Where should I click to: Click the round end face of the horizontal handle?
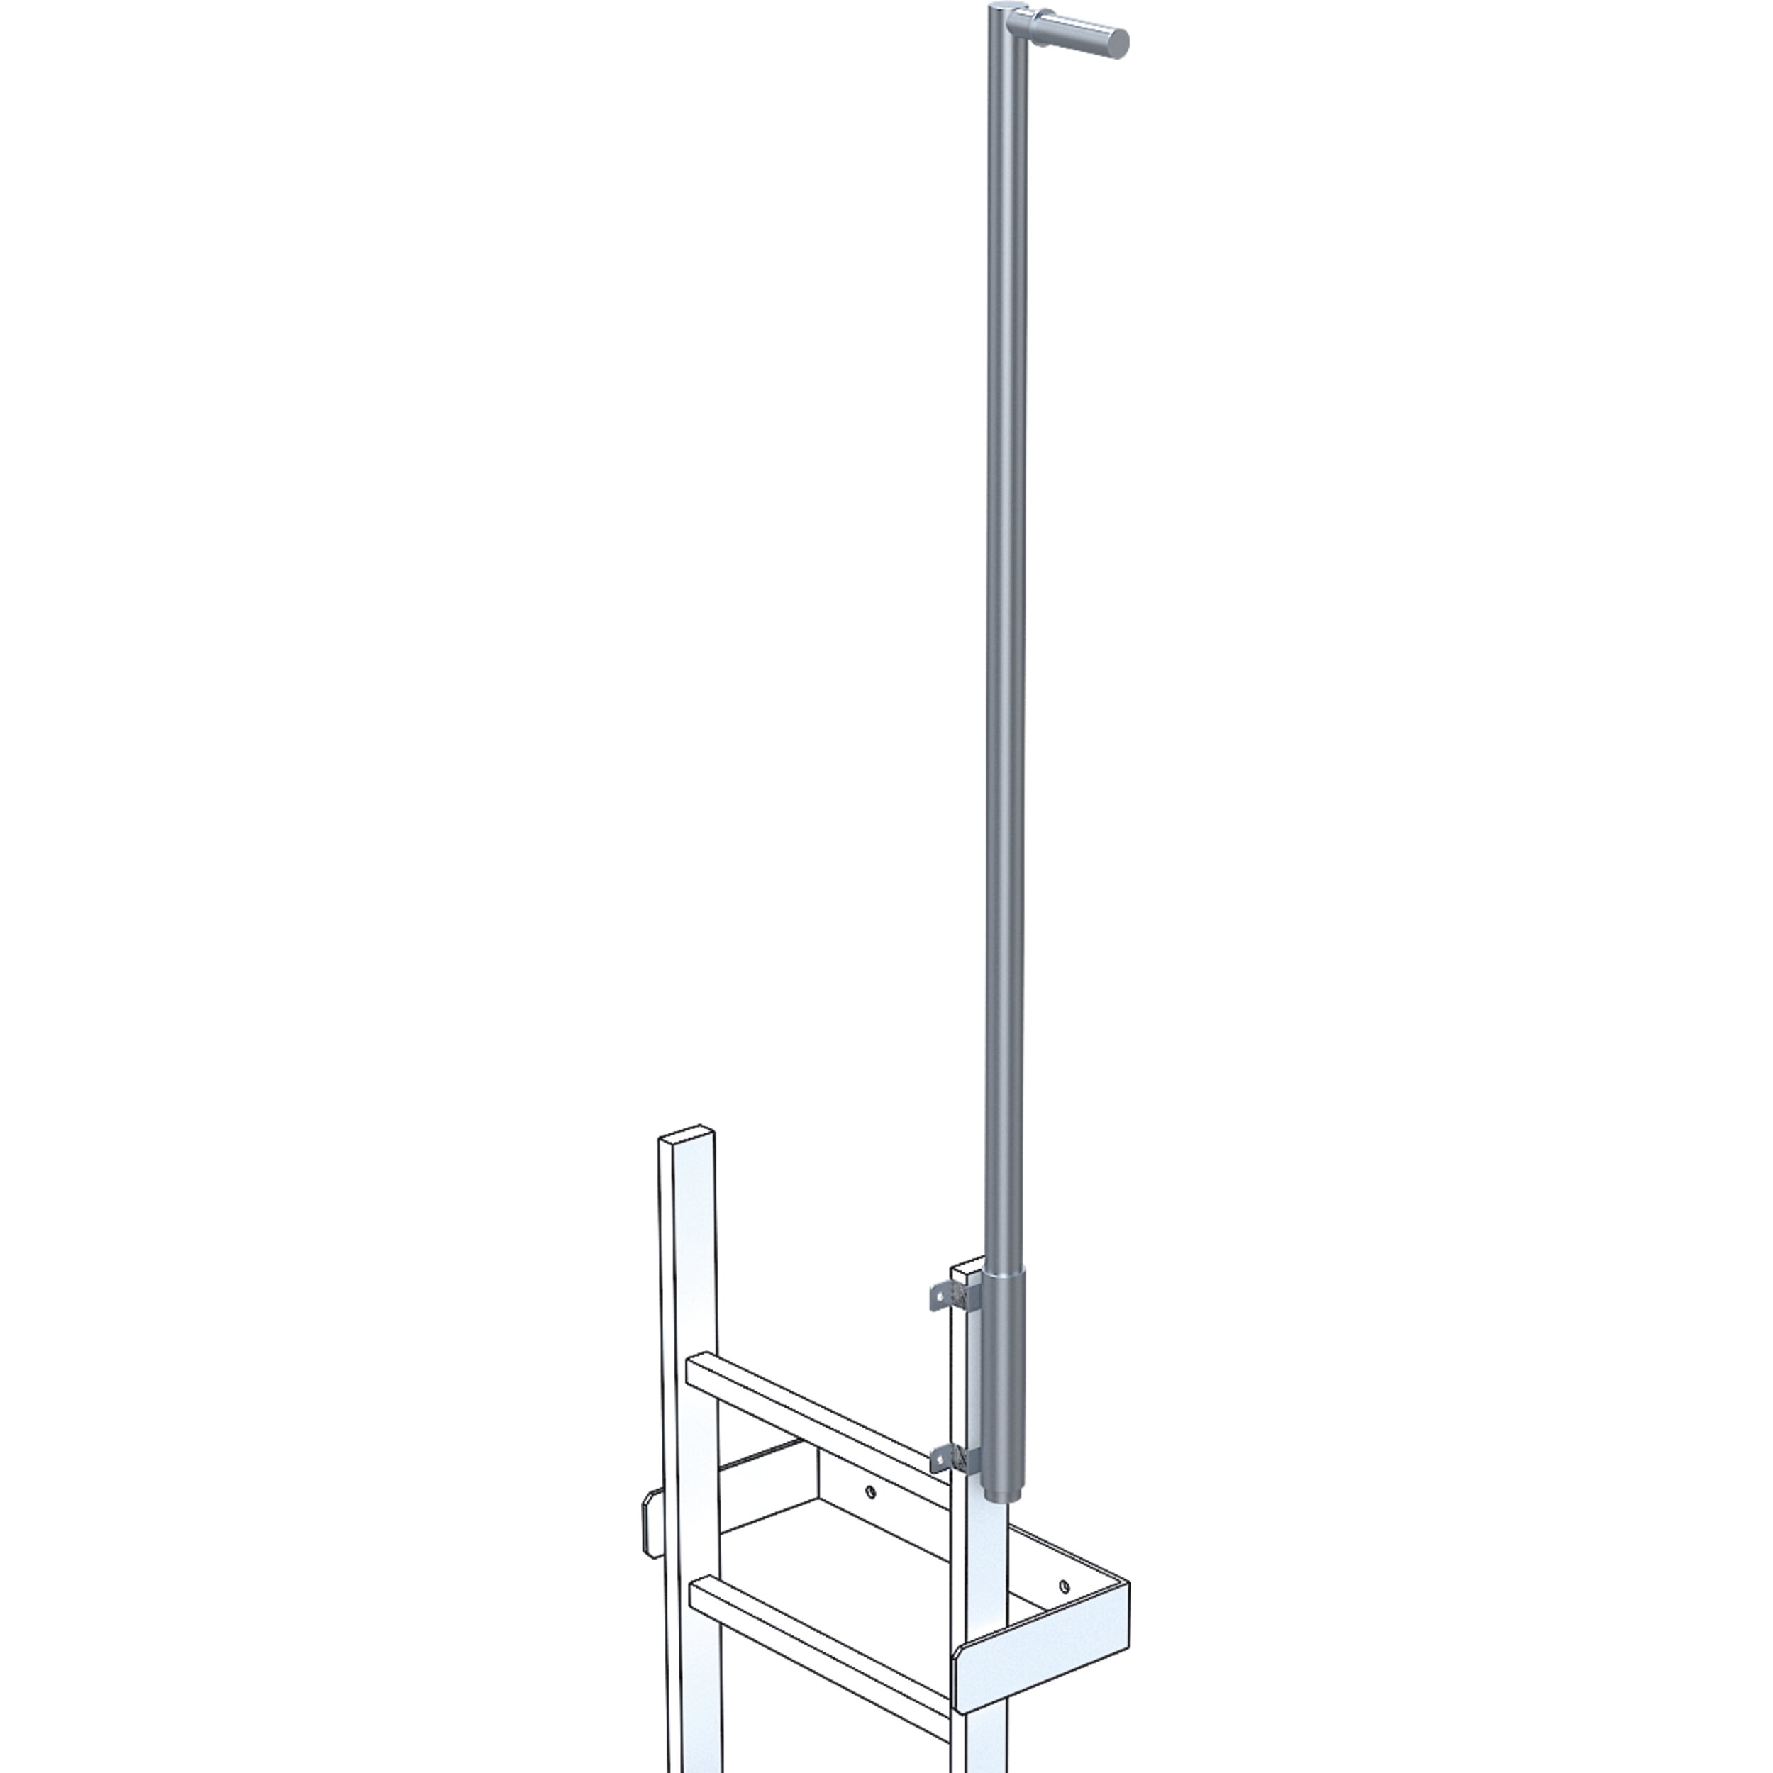tap(1118, 43)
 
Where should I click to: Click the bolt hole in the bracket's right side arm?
tap(1064, 1586)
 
